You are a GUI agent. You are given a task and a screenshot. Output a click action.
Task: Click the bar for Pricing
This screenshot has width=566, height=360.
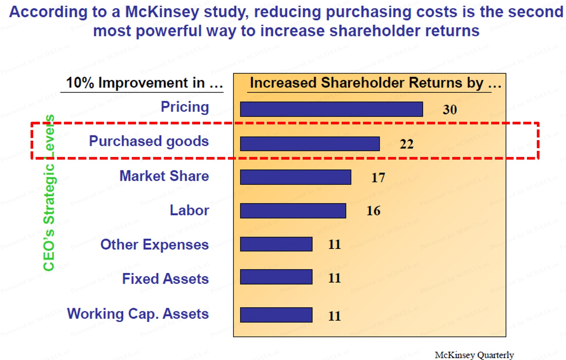click(332, 109)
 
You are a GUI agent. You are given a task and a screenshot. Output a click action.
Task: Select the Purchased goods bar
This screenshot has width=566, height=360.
click(310, 144)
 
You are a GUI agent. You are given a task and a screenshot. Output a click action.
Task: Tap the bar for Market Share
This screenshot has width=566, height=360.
click(296, 177)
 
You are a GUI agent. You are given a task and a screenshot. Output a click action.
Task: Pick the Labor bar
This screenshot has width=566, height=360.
click(293, 211)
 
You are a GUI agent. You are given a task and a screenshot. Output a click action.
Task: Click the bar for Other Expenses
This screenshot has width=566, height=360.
click(276, 244)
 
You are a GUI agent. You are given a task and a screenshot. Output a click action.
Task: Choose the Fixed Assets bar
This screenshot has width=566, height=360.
click(276, 277)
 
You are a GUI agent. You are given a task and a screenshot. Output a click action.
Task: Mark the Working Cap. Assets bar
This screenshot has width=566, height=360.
click(276, 315)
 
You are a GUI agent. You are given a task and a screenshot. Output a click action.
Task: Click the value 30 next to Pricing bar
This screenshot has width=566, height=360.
click(450, 110)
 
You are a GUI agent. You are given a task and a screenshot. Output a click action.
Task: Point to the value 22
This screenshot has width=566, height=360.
click(407, 144)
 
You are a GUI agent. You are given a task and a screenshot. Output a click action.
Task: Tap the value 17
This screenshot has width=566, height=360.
click(378, 178)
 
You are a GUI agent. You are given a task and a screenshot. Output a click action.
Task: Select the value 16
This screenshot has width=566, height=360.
click(373, 211)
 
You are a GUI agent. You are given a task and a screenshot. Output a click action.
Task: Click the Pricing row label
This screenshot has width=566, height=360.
click(185, 107)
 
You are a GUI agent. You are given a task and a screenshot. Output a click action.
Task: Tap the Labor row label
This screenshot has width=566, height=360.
click(189, 210)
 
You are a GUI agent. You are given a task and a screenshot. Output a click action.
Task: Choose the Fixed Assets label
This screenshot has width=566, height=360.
click(165, 279)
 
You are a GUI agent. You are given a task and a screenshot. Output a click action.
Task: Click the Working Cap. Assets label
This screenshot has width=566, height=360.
click(138, 314)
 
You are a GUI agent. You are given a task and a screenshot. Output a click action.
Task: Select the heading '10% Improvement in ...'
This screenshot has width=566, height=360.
click(144, 83)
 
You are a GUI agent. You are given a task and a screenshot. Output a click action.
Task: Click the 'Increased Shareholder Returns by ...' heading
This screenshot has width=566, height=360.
click(375, 83)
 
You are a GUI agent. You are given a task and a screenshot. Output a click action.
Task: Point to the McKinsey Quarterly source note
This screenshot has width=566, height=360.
click(474, 355)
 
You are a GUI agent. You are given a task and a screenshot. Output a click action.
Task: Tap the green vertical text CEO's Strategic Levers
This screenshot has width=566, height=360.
click(49, 193)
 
